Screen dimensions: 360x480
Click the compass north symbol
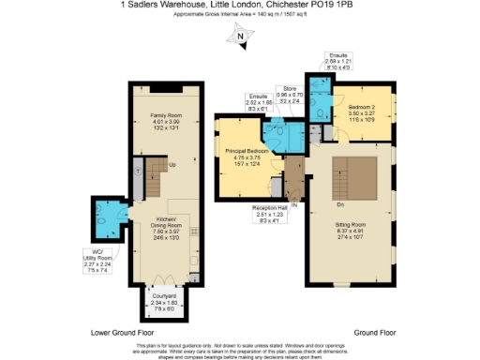(240, 38)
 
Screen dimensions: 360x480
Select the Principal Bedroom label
(245, 151)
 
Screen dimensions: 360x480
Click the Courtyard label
(164, 296)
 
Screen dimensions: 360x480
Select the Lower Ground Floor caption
(122, 333)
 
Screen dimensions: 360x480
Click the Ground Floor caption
(375, 333)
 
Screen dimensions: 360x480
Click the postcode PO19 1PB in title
(336, 5)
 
